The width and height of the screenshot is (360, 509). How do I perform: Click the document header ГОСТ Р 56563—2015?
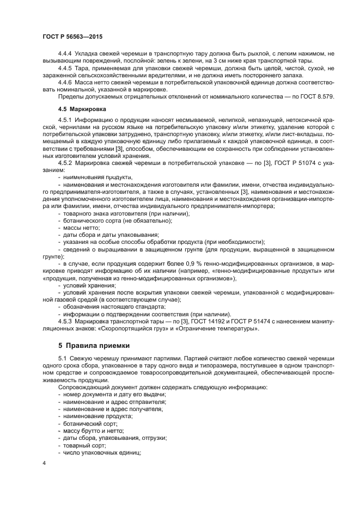72,36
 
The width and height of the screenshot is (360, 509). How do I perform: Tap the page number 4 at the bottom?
44,463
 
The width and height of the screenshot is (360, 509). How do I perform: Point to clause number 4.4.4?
66,53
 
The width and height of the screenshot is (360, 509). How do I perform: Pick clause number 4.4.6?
66,82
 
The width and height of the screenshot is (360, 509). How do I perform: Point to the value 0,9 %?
191,264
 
